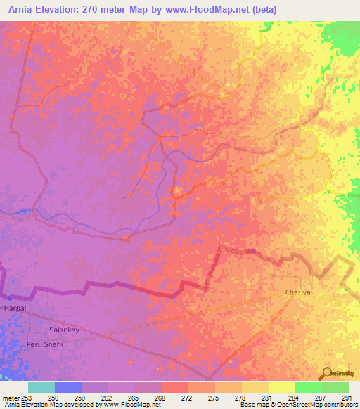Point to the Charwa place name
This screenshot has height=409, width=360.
pyautogui.click(x=297, y=292)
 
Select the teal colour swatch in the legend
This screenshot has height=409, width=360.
pyautogui.click(x=41, y=387)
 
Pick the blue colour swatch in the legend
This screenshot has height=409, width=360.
pyautogui.click(x=68, y=387)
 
